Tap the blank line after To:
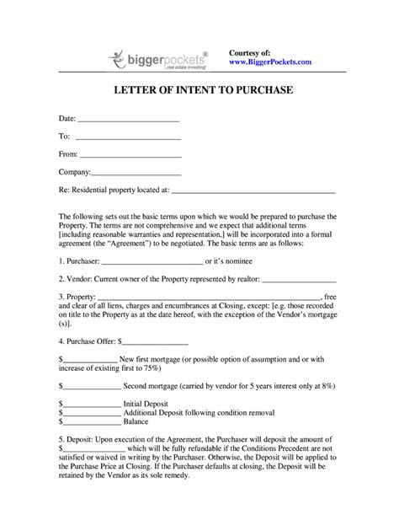[128, 137]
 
